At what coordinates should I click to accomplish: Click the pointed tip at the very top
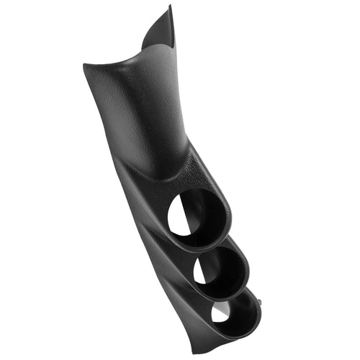[x=171, y=6]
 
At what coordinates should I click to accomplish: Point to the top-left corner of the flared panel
[x=84, y=66]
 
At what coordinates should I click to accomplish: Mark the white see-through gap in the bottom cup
[x=221, y=312]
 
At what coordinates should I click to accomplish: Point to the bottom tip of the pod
[x=216, y=353]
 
